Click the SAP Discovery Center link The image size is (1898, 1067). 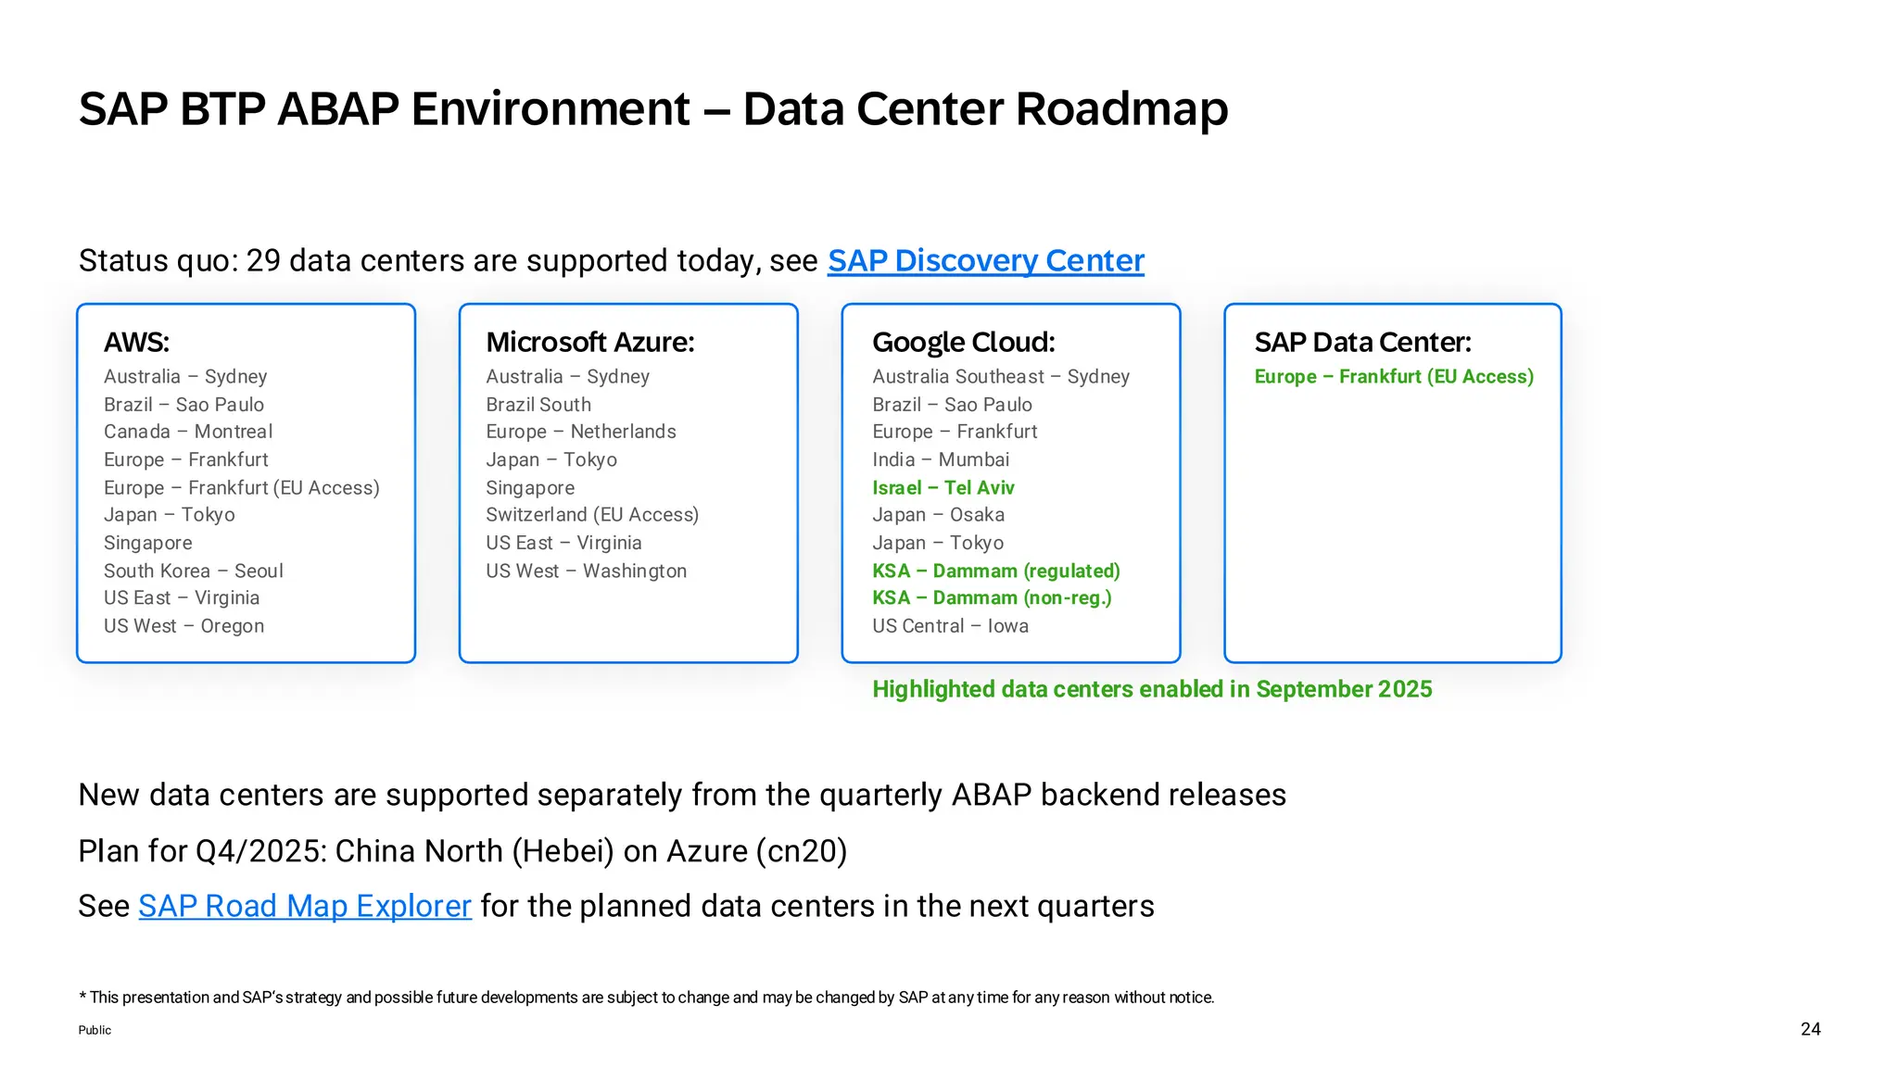(985, 261)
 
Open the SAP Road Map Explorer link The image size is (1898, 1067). (305, 906)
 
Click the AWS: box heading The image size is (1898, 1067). (136, 342)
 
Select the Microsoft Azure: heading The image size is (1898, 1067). (590, 342)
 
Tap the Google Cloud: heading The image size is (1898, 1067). (963, 342)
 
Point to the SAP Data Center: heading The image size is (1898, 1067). (1362, 342)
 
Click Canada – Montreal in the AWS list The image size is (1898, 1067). (188, 432)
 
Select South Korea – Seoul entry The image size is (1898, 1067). (194, 571)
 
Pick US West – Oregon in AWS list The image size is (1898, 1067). (183, 626)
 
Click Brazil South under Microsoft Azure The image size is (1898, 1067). (538, 405)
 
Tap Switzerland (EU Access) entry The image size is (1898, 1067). (592, 515)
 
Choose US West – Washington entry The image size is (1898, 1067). (586, 571)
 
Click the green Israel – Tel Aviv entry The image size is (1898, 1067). (943, 488)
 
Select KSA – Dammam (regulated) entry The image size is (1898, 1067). (995, 571)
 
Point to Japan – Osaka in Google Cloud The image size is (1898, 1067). (938, 515)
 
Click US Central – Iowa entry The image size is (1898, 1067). (950, 626)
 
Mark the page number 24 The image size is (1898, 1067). (1810, 1029)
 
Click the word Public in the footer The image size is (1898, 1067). (95, 1030)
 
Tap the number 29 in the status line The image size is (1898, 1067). (263, 261)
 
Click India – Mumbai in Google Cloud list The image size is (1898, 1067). (940, 459)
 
